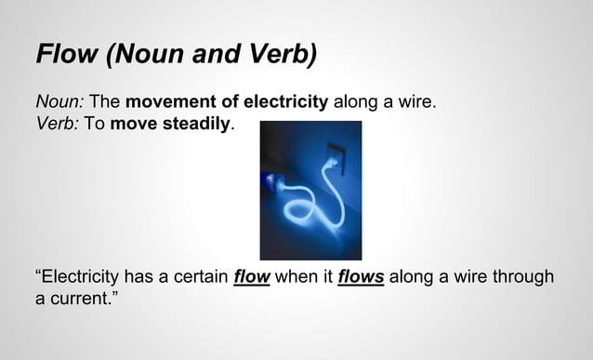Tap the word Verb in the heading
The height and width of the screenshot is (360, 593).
pyautogui.click(x=276, y=53)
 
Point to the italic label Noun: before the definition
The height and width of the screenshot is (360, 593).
pyautogui.click(x=59, y=100)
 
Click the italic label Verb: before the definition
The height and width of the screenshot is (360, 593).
pyautogui.click(x=57, y=123)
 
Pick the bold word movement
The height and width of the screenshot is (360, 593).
pyautogui.click(x=172, y=100)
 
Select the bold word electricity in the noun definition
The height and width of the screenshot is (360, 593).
pyautogui.click(x=283, y=100)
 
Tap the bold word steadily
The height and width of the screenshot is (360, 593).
pyautogui.click(x=192, y=123)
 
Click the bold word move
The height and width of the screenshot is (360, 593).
pyautogui.click(x=132, y=123)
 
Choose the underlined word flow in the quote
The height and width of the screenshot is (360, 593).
pyautogui.click(x=251, y=277)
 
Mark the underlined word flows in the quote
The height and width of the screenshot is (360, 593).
pyautogui.click(x=361, y=277)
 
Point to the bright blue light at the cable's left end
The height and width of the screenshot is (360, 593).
pyautogui.click(x=270, y=180)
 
